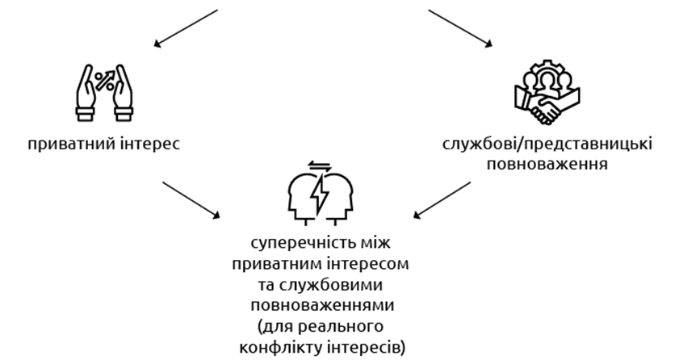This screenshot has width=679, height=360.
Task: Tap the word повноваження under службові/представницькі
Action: [x=547, y=164]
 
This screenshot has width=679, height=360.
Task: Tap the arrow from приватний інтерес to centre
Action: [x=192, y=199]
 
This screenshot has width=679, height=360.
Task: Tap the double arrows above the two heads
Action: [x=321, y=167]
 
